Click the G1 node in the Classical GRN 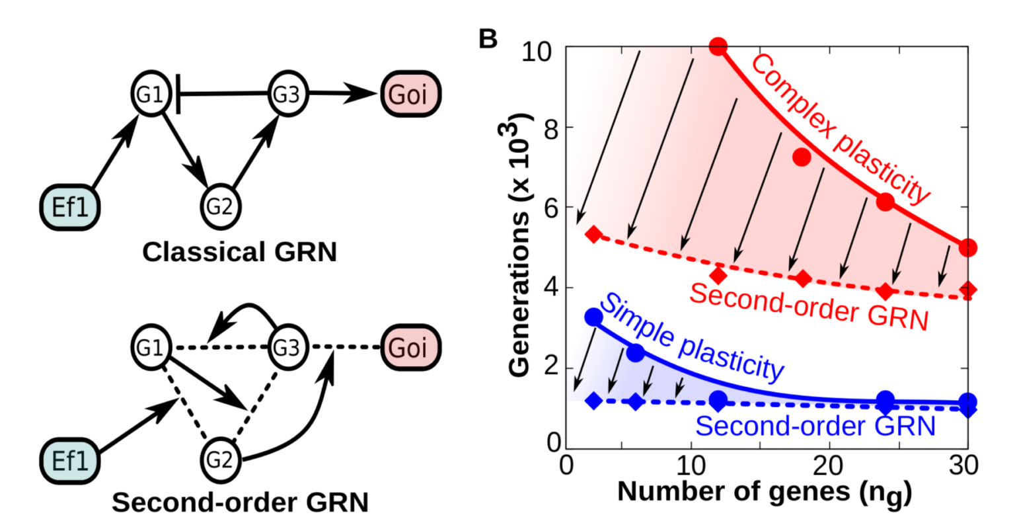[x=151, y=95]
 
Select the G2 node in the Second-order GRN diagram [x=220, y=458]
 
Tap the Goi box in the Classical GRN [x=409, y=95]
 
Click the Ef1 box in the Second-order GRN [x=69, y=460]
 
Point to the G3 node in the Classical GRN [x=286, y=95]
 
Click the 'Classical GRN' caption [x=240, y=252]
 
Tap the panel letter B [x=488, y=39]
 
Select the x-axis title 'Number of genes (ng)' [x=764, y=492]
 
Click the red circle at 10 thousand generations [x=718, y=47]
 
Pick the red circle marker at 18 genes [x=802, y=157]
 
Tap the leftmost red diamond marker [x=593, y=234]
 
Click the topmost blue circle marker [x=594, y=317]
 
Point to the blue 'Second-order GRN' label [x=815, y=426]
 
